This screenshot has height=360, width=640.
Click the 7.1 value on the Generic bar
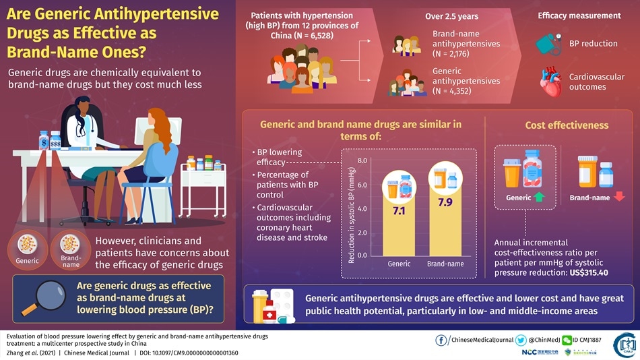click(x=399, y=211)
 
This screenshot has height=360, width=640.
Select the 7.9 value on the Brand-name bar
click(x=445, y=202)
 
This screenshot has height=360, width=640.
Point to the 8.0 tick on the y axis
click(x=362, y=160)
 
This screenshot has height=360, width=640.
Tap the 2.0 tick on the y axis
click(x=362, y=233)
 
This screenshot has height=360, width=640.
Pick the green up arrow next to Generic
click(x=539, y=198)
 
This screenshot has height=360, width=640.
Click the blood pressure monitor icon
click(x=549, y=44)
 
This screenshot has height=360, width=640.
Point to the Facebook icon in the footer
click(x=443, y=339)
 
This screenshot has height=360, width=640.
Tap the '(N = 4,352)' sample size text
click(x=451, y=91)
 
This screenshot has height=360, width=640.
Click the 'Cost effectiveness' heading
click(x=567, y=125)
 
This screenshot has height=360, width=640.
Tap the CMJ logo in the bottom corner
click(x=625, y=345)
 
